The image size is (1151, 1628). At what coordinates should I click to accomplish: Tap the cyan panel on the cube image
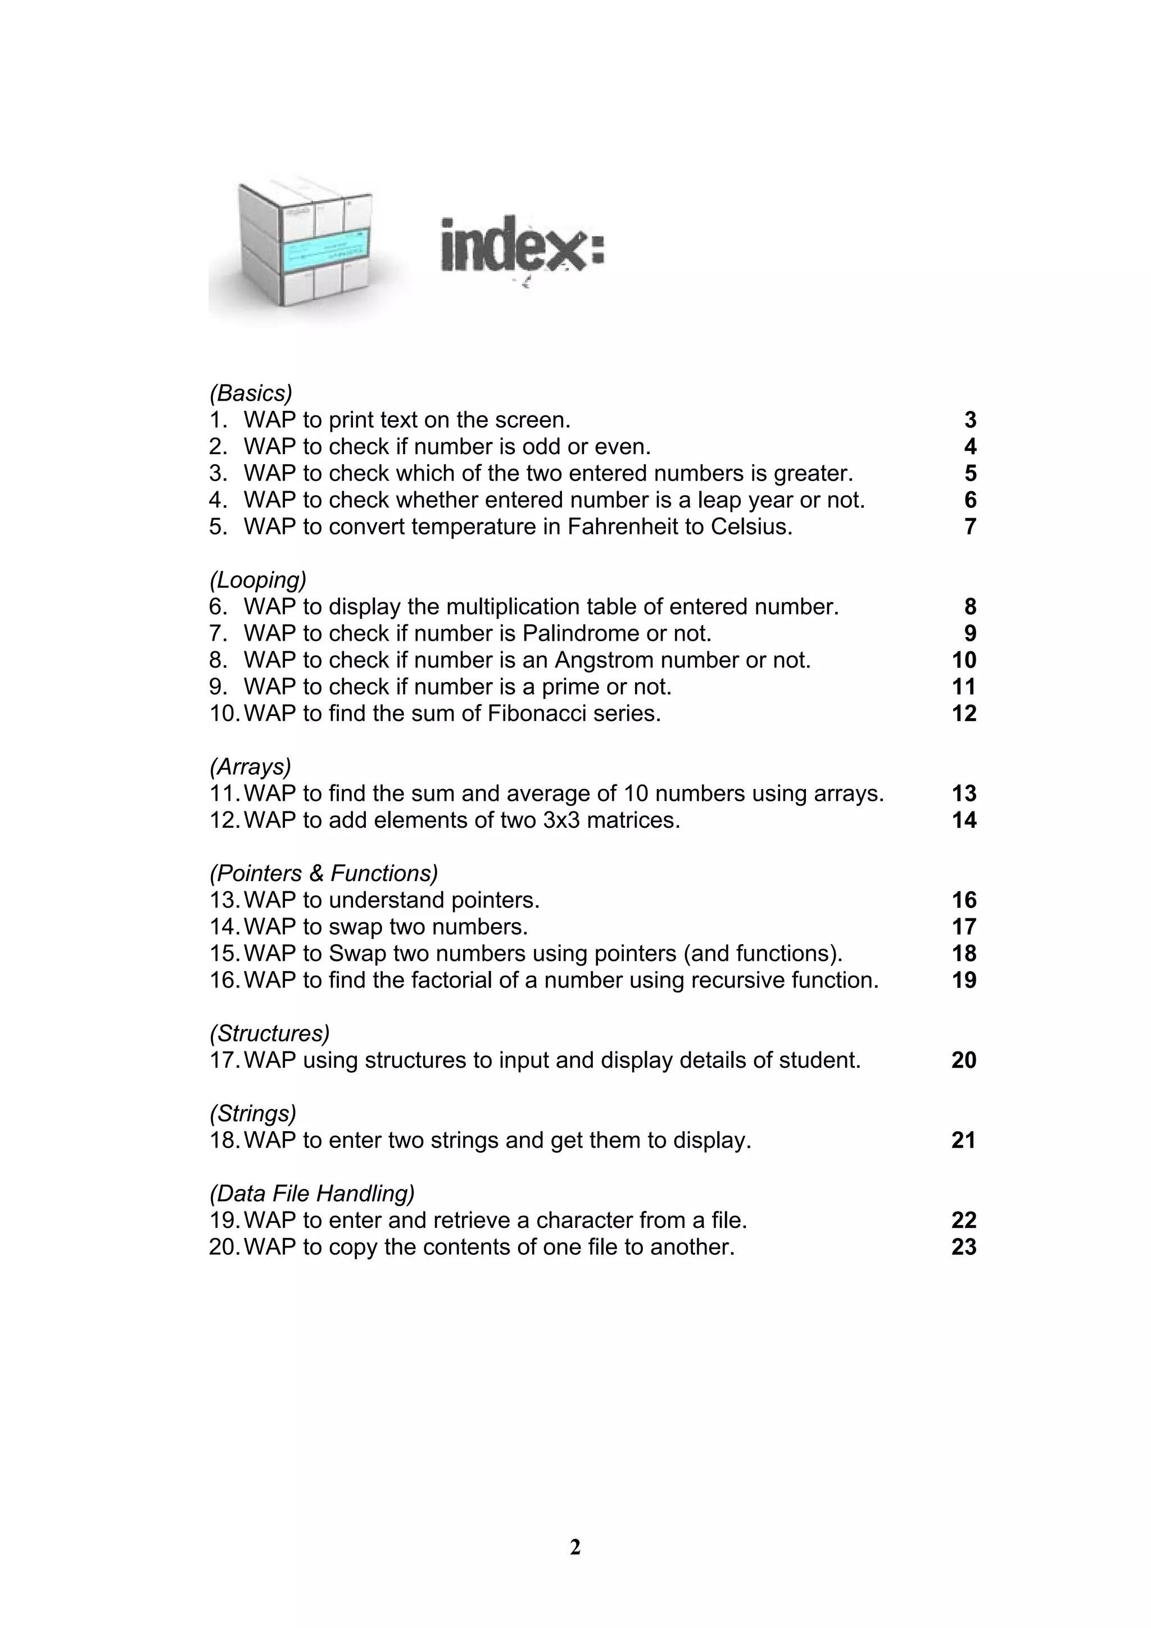[327, 252]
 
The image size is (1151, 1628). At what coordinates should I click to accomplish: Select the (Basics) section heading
[250, 393]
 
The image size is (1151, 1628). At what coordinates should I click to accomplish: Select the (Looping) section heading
[257, 580]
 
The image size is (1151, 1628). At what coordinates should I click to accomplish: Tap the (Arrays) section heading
[250, 767]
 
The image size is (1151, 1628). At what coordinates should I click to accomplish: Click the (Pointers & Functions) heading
[323, 873]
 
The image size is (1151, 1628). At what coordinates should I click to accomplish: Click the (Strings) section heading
[252, 1113]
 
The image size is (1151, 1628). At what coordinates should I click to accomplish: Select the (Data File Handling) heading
[312, 1194]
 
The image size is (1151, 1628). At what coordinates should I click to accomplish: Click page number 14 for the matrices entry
[964, 820]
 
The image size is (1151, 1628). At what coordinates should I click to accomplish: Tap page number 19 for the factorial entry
[964, 981]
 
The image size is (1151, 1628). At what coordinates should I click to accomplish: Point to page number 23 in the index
[964, 1247]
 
